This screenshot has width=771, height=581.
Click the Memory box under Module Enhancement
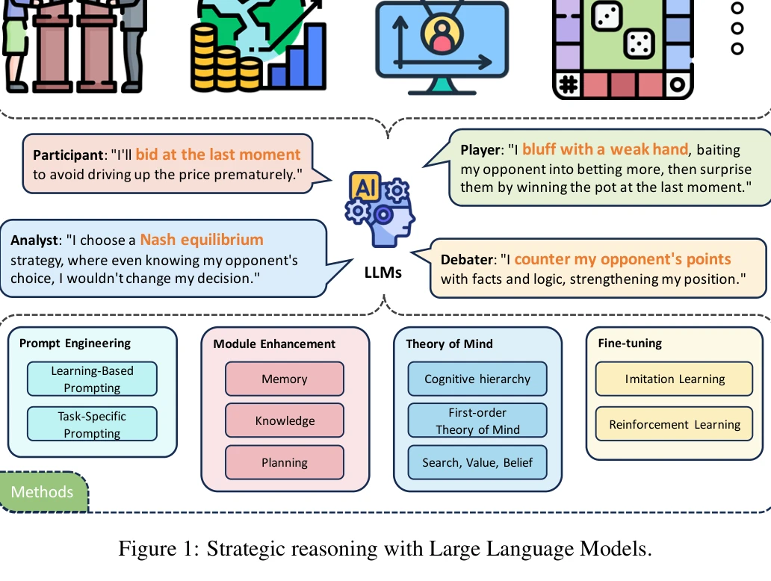[x=285, y=379]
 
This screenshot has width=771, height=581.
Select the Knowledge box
[x=285, y=420]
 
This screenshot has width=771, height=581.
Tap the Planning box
[x=285, y=462]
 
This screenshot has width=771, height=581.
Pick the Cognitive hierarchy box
[x=477, y=379]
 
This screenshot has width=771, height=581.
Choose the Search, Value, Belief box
[x=477, y=462]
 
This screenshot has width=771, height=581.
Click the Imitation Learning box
[x=675, y=379]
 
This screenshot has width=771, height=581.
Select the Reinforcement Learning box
[x=675, y=424]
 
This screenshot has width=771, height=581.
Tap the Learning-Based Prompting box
[x=92, y=379]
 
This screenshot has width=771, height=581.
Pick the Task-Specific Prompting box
[x=92, y=424]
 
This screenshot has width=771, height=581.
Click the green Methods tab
[x=43, y=492]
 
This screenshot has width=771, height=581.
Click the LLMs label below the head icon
[x=383, y=273]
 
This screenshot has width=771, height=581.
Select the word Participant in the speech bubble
[x=68, y=156]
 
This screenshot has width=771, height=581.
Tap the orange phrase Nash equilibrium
[x=202, y=240]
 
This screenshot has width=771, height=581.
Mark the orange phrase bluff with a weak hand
[x=604, y=149]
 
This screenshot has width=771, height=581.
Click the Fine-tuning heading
[x=630, y=344]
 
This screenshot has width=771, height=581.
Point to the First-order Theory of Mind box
[x=477, y=420]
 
